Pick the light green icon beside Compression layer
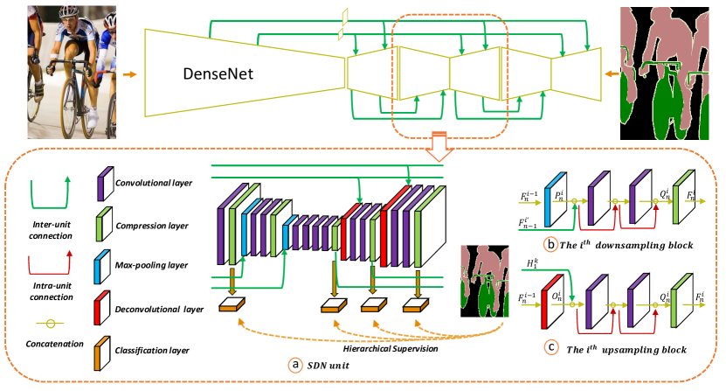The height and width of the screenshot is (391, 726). tap(100, 227)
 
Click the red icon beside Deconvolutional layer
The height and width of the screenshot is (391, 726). tap(100, 308)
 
